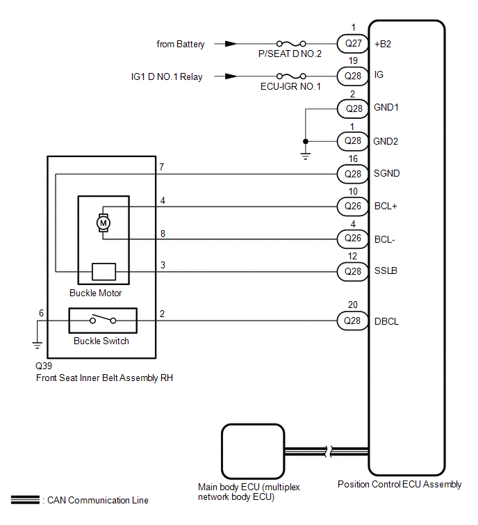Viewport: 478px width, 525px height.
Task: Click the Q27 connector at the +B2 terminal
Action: click(352, 43)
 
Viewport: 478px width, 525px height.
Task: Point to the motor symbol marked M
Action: click(104, 223)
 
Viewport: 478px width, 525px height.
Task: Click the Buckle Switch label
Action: click(101, 341)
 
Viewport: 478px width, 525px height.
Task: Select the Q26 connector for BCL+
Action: click(352, 206)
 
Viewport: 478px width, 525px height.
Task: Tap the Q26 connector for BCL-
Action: click(352, 239)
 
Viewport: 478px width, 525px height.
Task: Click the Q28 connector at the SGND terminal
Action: click(352, 173)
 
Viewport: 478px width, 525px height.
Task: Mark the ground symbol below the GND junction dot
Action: click(305, 155)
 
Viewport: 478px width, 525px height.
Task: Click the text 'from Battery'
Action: click(181, 44)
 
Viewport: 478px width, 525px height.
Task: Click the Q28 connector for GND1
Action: click(352, 108)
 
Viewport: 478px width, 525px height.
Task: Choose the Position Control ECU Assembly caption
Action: click(399, 485)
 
